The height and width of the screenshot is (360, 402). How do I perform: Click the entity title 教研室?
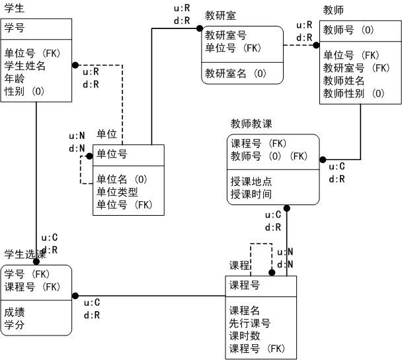pos(220,16)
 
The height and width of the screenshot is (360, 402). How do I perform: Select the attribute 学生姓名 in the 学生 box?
pos(24,66)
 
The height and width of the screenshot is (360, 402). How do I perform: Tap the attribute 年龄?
pos(15,79)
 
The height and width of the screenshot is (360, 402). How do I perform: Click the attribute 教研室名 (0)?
pos(235,73)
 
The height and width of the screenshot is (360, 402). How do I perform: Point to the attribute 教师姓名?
pos(344,81)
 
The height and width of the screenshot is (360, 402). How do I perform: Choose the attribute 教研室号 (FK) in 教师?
pos(356,68)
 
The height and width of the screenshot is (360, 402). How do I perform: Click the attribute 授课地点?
pos(251,181)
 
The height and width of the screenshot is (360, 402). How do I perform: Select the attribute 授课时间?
pos(251,195)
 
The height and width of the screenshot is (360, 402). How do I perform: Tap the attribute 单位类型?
pos(117,192)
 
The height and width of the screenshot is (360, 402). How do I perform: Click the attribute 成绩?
pos(15,312)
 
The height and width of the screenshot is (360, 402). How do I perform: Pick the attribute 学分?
pos(15,325)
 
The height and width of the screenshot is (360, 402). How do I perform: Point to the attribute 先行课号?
pos(250,323)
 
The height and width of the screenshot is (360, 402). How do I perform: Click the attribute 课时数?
pos(245,336)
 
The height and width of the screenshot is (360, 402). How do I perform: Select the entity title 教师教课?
pos(251,124)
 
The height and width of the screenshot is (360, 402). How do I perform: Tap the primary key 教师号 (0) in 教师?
pos(348,30)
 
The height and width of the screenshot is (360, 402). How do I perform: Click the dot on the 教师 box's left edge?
pos(316,45)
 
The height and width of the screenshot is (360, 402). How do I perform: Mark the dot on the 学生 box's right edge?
pos(75,65)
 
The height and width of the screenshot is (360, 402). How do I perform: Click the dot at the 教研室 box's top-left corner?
pos(200,28)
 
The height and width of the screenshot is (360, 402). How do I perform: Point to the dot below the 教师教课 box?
pos(287,208)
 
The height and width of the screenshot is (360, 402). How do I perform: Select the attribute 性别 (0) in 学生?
pos(24,91)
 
